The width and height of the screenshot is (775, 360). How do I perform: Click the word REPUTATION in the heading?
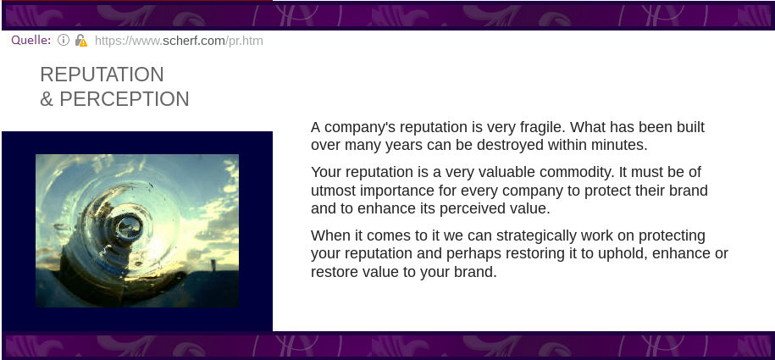pyautogui.click(x=102, y=75)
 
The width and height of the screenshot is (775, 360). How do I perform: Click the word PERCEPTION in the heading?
pyautogui.click(x=124, y=99)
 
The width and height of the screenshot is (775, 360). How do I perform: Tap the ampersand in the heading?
pyautogui.click(x=47, y=99)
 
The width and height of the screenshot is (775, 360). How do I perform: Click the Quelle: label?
pyautogui.click(x=31, y=40)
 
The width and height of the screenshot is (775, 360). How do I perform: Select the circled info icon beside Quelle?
pyautogui.click(x=64, y=40)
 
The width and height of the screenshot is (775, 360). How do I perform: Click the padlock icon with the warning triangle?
pyautogui.click(x=81, y=41)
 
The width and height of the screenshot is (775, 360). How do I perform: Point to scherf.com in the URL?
pyautogui.click(x=193, y=41)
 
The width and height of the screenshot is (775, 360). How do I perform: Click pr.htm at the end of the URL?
pyautogui.click(x=246, y=41)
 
